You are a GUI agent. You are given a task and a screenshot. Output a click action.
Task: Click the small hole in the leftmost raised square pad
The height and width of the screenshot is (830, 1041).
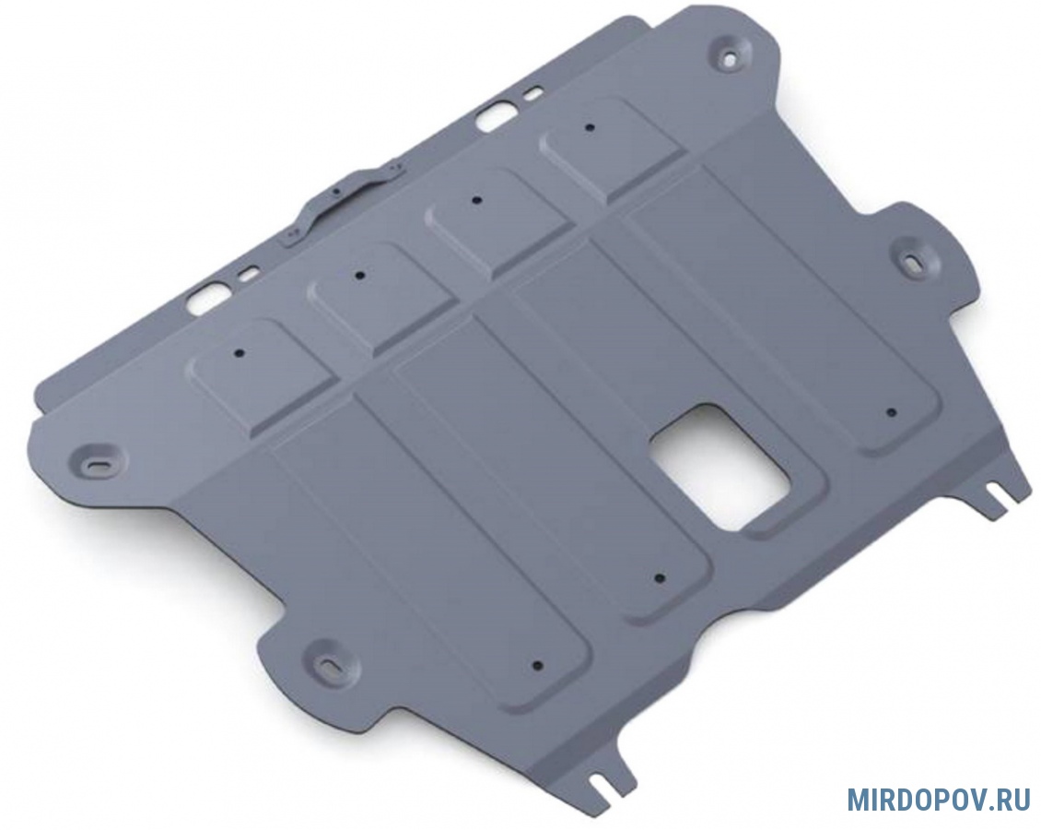pos(241,353)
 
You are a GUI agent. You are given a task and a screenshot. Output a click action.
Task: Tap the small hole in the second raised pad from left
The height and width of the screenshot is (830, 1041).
pos(359,275)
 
